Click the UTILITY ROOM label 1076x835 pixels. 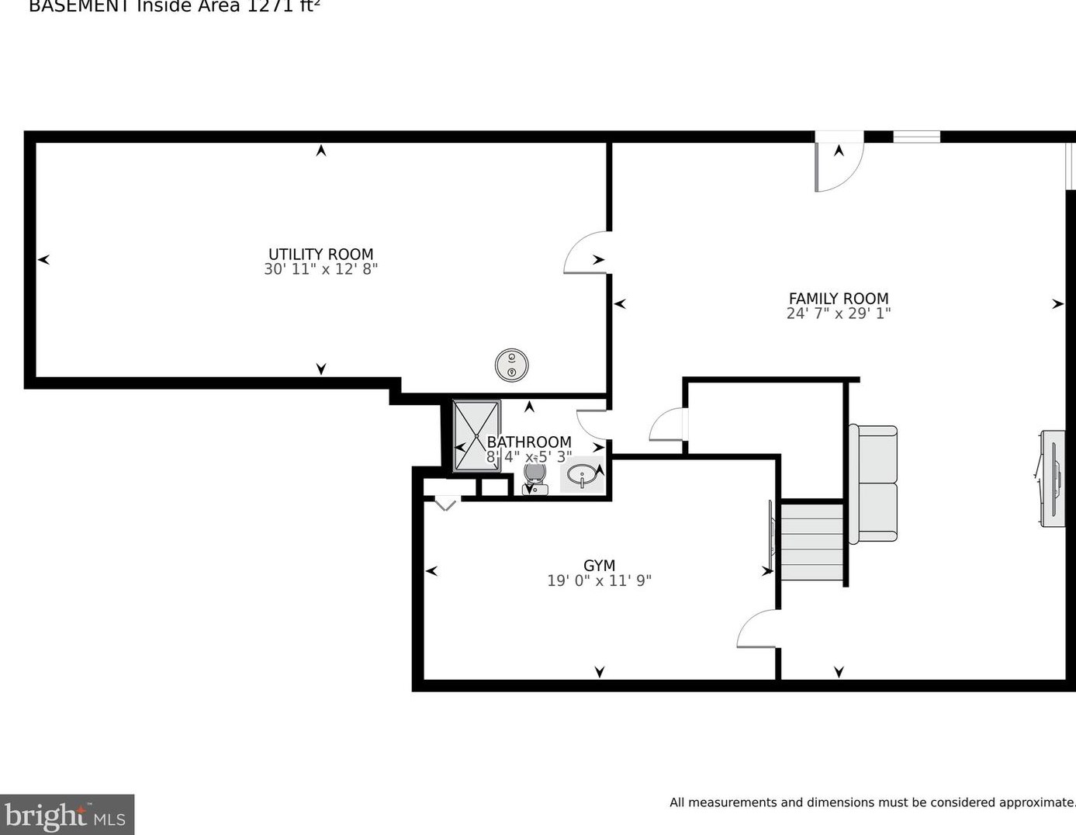tap(320, 254)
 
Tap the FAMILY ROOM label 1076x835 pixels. tap(839, 298)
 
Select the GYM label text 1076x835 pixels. tap(599, 566)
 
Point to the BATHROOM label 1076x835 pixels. tap(529, 442)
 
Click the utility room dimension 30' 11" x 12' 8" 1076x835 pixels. tap(320, 269)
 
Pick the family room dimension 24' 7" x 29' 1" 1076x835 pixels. tap(839, 314)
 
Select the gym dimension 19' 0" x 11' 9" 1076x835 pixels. tap(599, 580)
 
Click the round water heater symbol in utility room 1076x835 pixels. tap(512, 365)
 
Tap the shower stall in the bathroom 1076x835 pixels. tap(476, 435)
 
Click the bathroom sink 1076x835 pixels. tap(582, 475)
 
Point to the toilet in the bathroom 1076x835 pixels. tap(535, 475)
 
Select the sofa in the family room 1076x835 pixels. tap(874, 483)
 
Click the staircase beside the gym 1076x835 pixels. tap(811, 542)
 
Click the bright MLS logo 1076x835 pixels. tap(67, 815)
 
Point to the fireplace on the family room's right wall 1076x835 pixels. tap(1053, 479)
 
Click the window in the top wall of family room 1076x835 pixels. tap(916, 137)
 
